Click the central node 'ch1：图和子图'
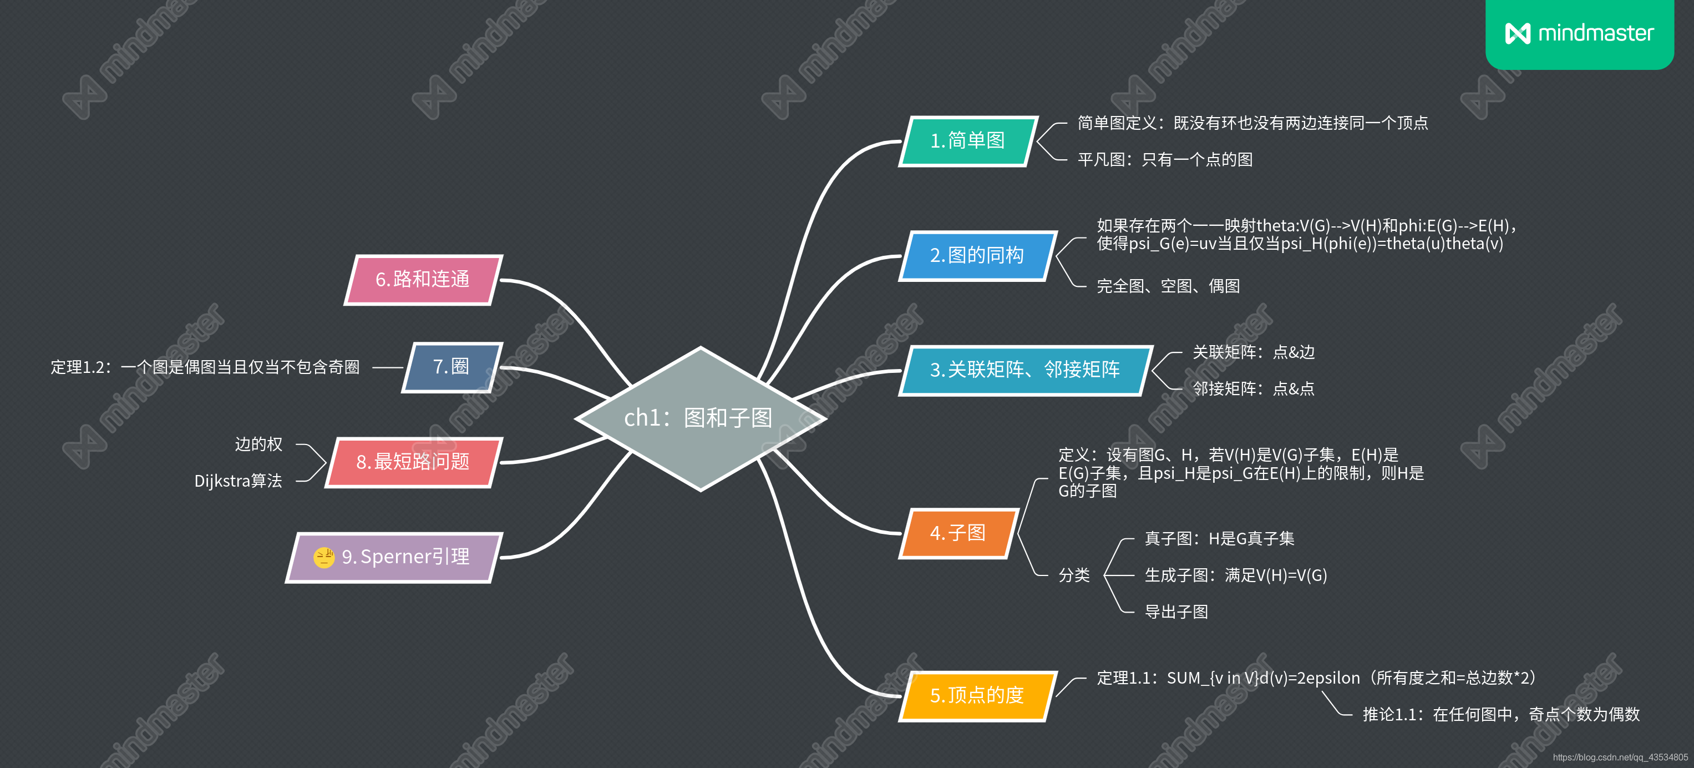click(699, 418)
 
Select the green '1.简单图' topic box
click(967, 141)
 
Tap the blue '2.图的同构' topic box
click(977, 255)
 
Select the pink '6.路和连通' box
click(422, 280)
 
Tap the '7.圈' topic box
click(451, 367)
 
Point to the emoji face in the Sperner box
click(323, 557)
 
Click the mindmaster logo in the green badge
click(1579, 33)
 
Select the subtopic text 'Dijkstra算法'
click(238, 481)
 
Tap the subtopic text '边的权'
click(258, 444)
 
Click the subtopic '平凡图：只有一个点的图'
click(1165, 159)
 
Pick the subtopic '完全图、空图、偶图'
click(1168, 286)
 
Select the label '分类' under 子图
click(1074, 575)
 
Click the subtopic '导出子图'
click(1176, 612)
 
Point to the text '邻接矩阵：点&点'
click(1254, 388)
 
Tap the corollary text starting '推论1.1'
click(1500, 714)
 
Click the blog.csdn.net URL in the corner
click(1620, 757)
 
